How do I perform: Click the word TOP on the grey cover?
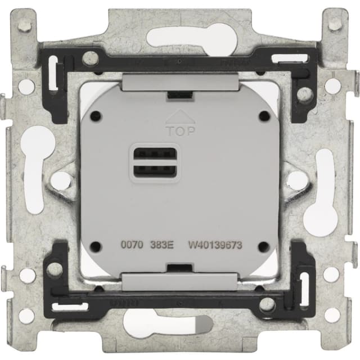(181, 131)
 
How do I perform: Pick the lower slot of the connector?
(155, 171)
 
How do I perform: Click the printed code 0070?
(132, 245)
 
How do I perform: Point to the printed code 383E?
(161, 245)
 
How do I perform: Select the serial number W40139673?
(215, 245)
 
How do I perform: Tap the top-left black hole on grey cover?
(96, 114)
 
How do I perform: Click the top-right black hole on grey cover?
(265, 114)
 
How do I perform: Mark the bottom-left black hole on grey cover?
(95, 246)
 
